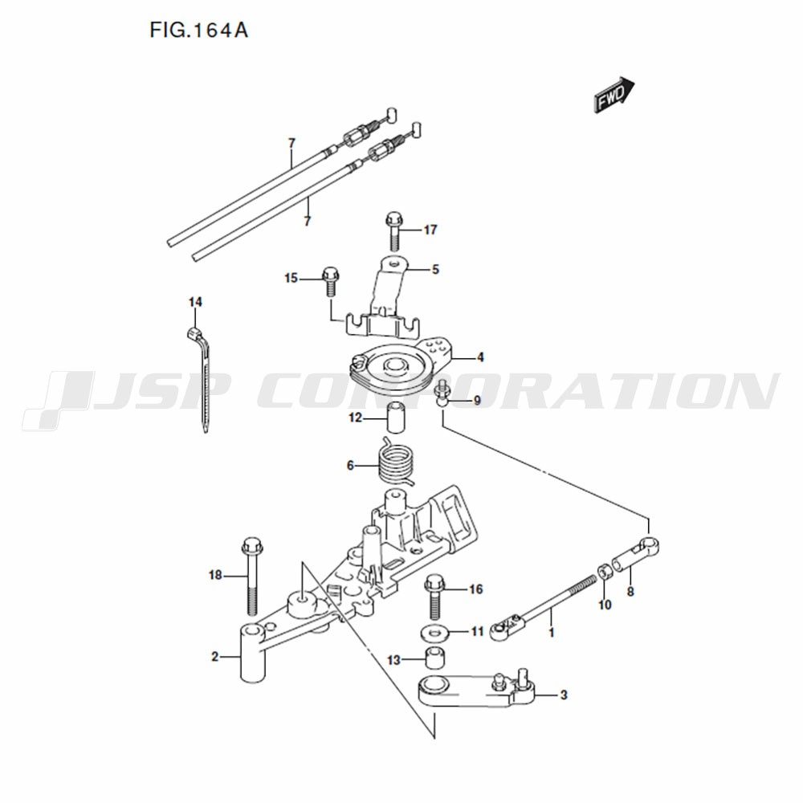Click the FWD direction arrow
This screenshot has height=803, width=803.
pyautogui.click(x=613, y=95)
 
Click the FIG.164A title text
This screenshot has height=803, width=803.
pyautogui.click(x=198, y=31)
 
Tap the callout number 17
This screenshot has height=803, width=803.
pyautogui.click(x=430, y=230)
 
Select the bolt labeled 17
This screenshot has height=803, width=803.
pyautogui.click(x=393, y=230)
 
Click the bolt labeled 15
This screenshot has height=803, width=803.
pyautogui.click(x=329, y=281)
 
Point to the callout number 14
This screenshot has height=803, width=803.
pyautogui.click(x=195, y=302)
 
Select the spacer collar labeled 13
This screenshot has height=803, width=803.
pyautogui.click(x=434, y=658)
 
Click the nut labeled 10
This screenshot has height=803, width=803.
pyautogui.click(x=605, y=571)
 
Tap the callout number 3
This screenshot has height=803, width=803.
pyautogui.click(x=564, y=695)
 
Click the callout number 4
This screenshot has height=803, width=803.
pyautogui.click(x=480, y=357)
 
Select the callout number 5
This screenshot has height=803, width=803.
pyautogui.click(x=435, y=269)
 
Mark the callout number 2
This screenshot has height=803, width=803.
pyautogui.click(x=215, y=657)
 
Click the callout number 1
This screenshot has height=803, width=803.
pyautogui.click(x=552, y=633)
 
